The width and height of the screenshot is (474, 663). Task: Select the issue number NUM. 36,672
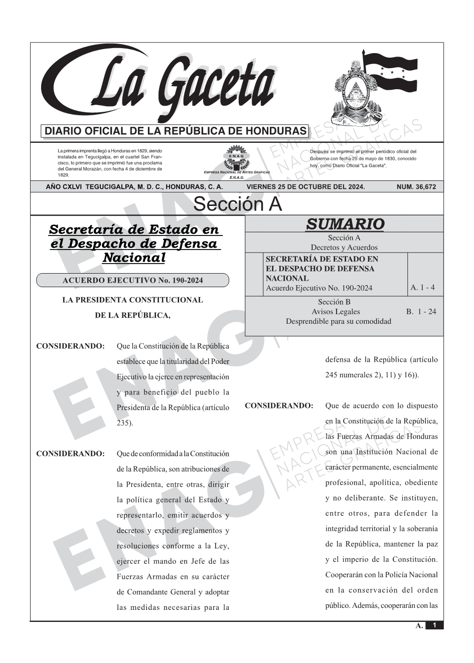coord(416,187)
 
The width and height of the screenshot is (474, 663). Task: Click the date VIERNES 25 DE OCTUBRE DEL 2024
coord(305,187)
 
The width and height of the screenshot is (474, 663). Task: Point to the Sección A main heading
coord(237,204)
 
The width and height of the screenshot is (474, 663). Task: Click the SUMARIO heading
coord(345,224)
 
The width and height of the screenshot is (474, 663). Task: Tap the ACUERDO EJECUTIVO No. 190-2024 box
coord(132,280)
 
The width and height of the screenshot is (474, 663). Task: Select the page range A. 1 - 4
coord(422,288)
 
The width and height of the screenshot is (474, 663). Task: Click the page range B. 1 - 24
coord(421,312)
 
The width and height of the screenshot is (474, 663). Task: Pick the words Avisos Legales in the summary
coord(336,312)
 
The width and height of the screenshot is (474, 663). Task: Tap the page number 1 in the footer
coord(434,625)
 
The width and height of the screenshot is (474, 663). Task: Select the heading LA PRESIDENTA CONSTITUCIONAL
coord(132,300)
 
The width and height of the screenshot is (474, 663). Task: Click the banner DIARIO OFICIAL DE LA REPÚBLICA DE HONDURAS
coord(176,131)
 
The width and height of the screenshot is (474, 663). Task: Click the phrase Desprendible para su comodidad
coord(338,321)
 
